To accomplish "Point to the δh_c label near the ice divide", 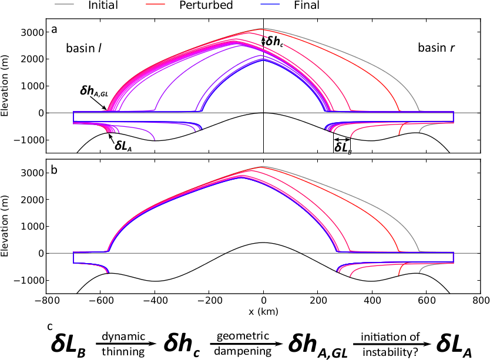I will [x=274, y=42].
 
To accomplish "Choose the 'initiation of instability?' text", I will [x=382, y=342].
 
